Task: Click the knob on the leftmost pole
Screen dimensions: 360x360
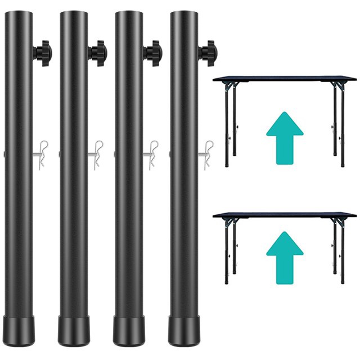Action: tap(43, 53)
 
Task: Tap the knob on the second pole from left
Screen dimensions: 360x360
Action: tap(98, 53)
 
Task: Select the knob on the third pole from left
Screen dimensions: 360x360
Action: tap(152, 53)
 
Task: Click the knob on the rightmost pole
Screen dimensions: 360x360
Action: tap(207, 53)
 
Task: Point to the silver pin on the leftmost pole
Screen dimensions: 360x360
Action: tap(40, 155)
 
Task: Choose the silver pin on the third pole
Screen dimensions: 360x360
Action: tap(150, 155)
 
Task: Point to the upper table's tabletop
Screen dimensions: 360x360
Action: tap(284, 79)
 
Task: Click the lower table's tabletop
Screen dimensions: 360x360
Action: tap(284, 215)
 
